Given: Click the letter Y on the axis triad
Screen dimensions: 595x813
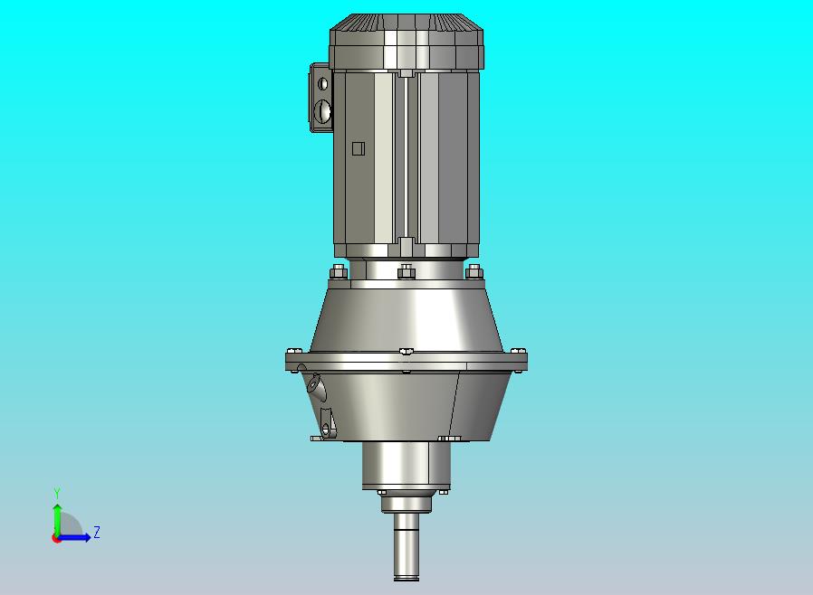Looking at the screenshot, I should pos(57,493).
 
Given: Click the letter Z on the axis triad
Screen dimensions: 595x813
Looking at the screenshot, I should pos(97,533).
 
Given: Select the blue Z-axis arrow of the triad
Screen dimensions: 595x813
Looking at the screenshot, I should pos(78,537).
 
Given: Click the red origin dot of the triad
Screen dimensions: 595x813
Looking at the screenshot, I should pos(56,538).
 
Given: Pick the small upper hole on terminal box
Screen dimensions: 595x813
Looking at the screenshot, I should pos(323,83).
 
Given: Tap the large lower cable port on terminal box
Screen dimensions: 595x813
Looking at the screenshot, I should pos(323,112).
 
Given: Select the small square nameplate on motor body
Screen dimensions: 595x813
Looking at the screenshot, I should pos(358,149).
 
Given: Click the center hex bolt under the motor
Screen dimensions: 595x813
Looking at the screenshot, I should pos(406,271).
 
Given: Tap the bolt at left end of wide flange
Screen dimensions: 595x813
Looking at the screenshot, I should pos(292,351).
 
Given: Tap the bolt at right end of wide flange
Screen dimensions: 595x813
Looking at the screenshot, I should pos(518,351).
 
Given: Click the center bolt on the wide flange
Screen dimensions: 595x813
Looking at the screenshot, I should pos(406,353).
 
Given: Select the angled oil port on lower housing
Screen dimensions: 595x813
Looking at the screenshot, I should pos(317,387).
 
